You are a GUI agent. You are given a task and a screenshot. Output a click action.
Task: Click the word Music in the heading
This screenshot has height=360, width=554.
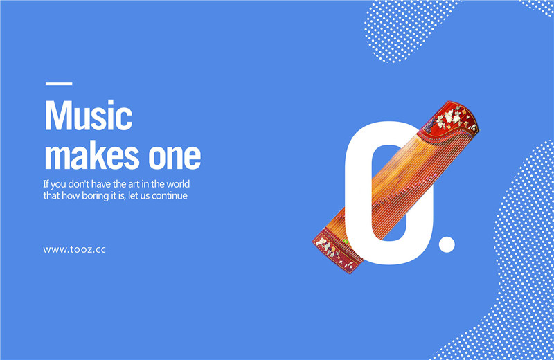[89, 115]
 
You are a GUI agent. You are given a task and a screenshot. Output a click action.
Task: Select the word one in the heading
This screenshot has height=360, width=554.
[175, 156]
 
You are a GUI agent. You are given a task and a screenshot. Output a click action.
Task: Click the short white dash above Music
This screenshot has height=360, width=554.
[59, 84]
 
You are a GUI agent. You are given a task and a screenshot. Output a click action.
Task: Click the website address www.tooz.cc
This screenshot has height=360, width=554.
[75, 249]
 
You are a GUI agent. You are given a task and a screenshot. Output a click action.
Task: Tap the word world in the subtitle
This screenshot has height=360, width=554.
[178, 184]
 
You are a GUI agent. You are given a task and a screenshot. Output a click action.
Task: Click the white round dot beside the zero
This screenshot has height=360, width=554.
[447, 244]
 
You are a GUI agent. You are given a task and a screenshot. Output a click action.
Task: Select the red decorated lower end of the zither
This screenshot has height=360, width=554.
[336, 251]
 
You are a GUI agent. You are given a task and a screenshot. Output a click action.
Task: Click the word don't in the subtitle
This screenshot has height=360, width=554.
[79, 184]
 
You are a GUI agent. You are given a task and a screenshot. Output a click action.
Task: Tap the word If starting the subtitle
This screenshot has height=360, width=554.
[46, 184]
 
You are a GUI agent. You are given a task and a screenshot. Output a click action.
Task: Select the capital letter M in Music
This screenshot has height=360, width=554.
[57, 116]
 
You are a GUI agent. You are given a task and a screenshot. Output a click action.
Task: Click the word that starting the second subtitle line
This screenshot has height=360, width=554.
[51, 196]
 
